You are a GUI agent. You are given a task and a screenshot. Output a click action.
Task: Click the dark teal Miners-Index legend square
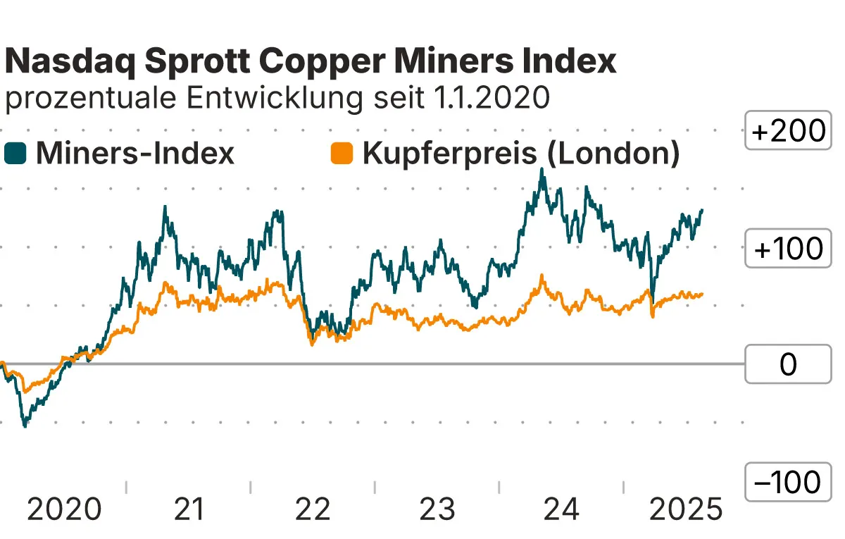[15, 153]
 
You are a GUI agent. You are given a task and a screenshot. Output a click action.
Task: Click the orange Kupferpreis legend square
[342, 153]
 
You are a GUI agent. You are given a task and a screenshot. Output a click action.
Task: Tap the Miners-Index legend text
[134, 153]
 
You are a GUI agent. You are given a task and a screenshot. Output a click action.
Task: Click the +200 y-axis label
[787, 132]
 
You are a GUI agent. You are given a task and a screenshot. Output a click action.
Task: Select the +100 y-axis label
[787, 249]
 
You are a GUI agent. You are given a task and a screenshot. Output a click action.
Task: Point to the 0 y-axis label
[787, 365]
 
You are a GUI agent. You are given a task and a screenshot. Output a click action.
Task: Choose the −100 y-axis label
[787, 483]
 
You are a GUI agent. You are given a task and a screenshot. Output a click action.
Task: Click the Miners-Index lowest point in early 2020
[25, 426]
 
